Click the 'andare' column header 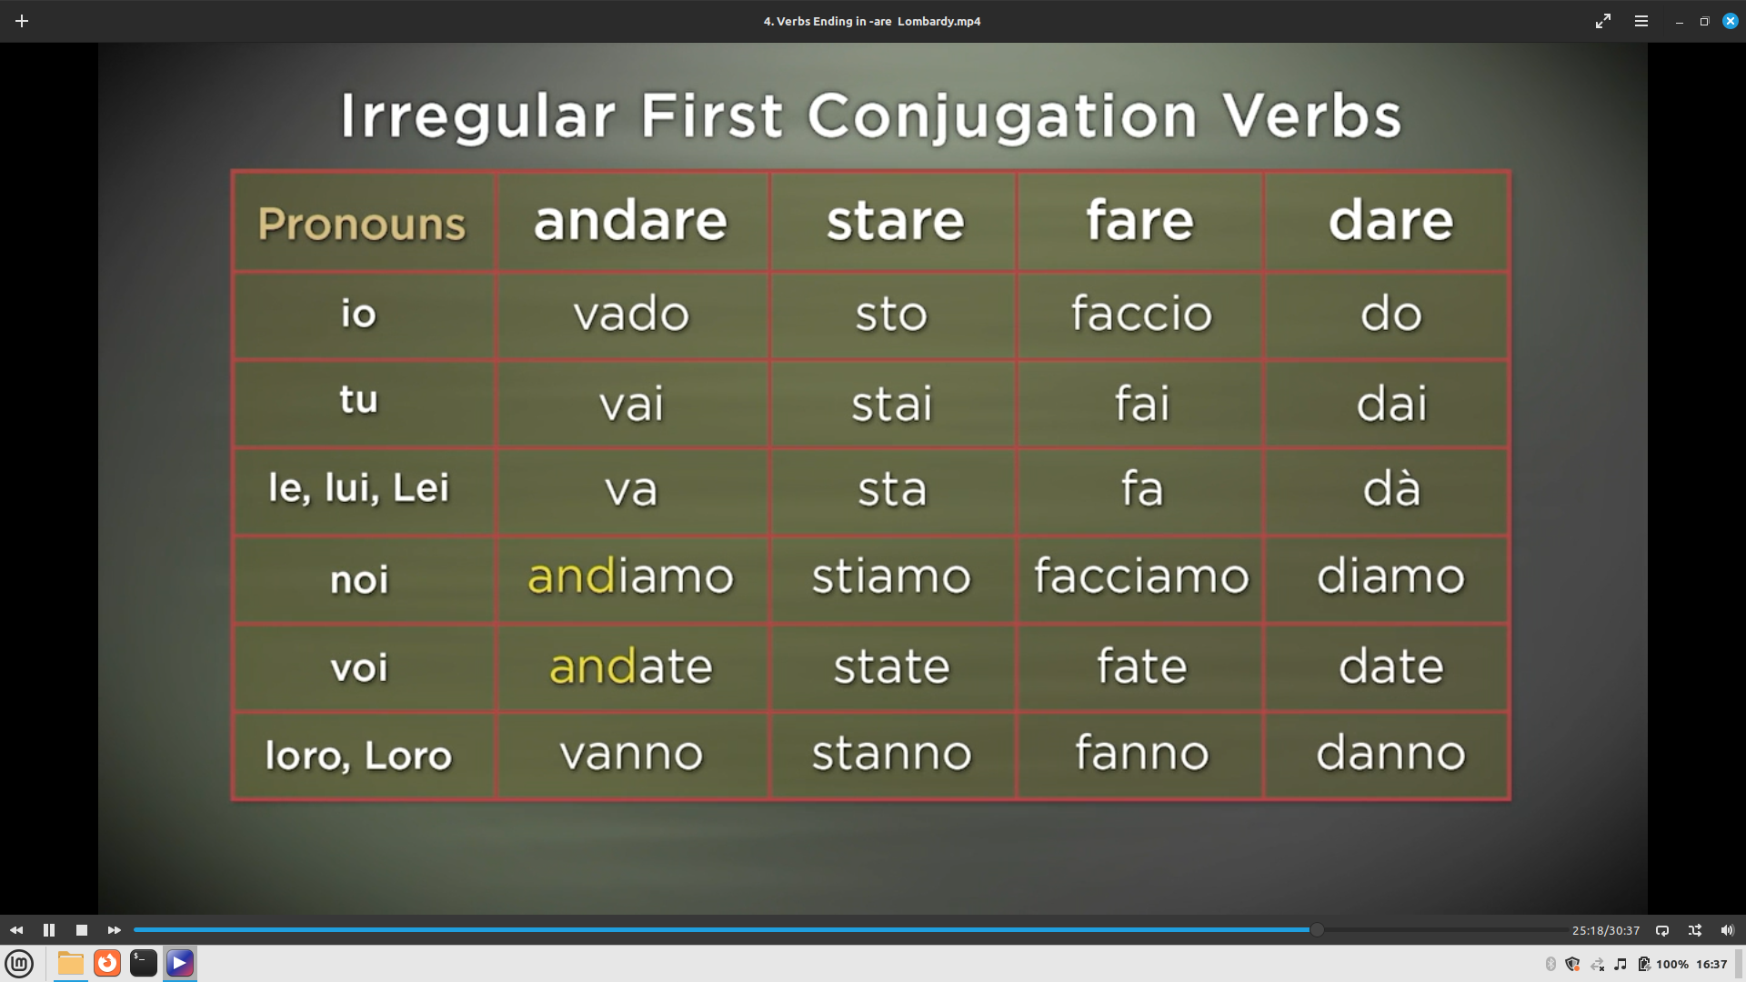(630, 221)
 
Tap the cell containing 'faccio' (1141, 313)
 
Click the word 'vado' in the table (631, 314)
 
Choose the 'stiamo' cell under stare (891, 576)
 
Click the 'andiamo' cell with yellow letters (630, 576)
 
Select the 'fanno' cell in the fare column (1141, 753)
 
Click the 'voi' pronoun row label (359, 668)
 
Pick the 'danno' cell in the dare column (1390, 753)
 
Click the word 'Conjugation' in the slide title (1001, 117)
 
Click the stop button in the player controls (82, 930)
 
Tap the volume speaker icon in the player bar (1727, 930)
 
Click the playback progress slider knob (1316, 929)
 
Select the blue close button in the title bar (1730, 21)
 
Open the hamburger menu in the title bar (1641, 21)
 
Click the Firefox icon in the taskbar (107, 963)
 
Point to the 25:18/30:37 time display (1606, 930)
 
